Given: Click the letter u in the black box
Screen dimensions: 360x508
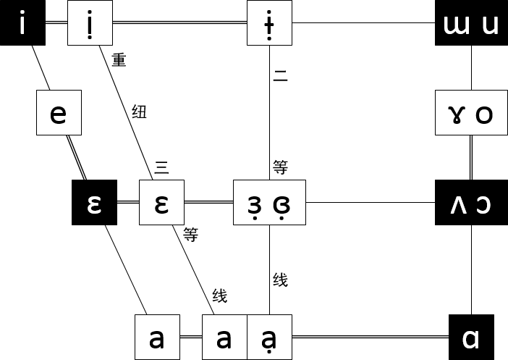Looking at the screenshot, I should (490, 25).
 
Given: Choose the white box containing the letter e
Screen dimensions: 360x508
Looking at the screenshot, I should (59, 113).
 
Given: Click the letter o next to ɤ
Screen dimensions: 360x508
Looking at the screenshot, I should (484, 113).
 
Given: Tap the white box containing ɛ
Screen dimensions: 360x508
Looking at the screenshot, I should (161, 203).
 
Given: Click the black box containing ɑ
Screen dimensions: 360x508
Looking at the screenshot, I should (471, 338).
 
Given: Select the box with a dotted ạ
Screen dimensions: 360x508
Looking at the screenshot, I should (270, 338).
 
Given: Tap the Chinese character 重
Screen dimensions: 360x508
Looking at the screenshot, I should (119, 60).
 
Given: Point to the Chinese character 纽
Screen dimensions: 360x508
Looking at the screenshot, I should (139, 112).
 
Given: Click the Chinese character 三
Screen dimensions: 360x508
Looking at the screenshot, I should (161, 169).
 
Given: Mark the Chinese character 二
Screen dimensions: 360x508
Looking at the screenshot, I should (280, 75).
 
